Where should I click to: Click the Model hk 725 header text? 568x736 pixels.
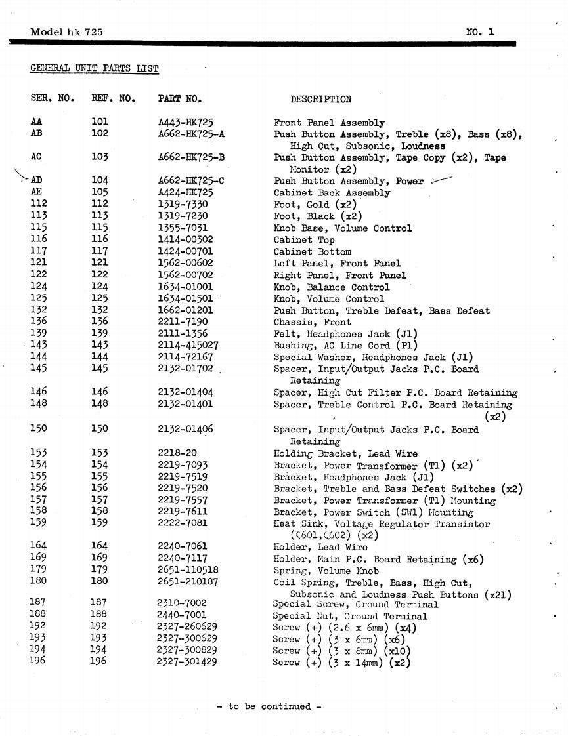click(66, 31)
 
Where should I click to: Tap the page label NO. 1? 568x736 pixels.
click(479, 31)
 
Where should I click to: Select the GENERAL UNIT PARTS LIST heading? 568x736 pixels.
click(95, 68)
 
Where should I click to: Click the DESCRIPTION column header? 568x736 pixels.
click(320, 100)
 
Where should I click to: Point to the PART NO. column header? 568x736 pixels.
click(179, 100)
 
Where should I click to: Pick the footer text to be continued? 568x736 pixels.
click(269, 706)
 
